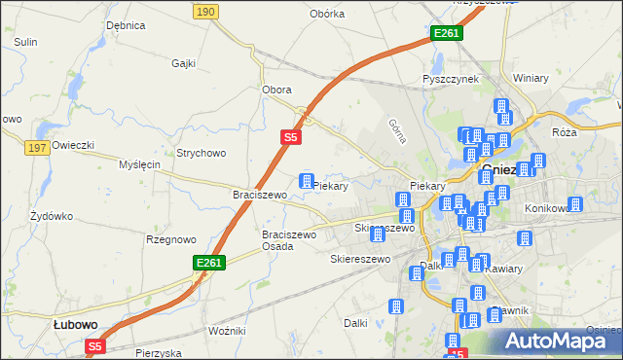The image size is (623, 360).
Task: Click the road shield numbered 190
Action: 203,11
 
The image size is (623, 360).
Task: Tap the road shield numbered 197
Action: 38,146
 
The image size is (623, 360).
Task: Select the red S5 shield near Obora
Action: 290,138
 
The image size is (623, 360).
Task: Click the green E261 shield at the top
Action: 446,33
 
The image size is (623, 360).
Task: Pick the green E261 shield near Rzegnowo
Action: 209,263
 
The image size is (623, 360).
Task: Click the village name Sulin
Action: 25,42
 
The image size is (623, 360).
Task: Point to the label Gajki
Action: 183,63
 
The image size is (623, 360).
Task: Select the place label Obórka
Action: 327,14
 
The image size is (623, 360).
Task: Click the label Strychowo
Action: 201,153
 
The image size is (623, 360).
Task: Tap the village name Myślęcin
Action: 138,165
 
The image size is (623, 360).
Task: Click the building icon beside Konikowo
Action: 575,204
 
